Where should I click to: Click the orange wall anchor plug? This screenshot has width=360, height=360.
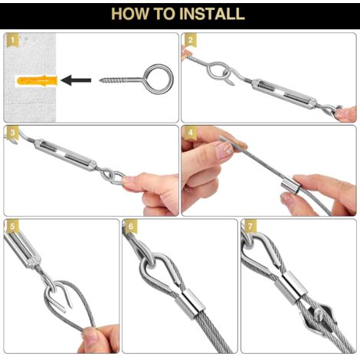coord(37,80)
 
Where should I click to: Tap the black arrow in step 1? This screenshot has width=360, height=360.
coord(76,80)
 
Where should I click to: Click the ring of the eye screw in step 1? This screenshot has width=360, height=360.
coord(159,79)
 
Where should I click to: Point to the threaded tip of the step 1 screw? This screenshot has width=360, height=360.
coord(100,80)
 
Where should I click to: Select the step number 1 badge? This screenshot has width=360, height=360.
coord(12,40)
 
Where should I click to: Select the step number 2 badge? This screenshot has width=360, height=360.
coord(190,40)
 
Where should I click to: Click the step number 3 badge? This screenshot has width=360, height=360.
coord(12,133)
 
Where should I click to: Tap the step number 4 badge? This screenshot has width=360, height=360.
coord(190,133)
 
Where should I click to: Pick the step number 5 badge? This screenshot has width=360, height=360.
coord(12,226)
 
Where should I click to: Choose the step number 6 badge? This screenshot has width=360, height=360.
coord(131,226)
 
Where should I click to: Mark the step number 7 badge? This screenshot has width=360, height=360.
coord(250,226)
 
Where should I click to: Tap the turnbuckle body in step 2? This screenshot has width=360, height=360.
coord(284,93)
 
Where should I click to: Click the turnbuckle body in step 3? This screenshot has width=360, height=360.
coord(65,155)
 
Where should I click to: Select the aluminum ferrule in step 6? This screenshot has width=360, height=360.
coord(190,303)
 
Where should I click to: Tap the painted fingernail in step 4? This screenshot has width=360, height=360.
coord(224,150)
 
